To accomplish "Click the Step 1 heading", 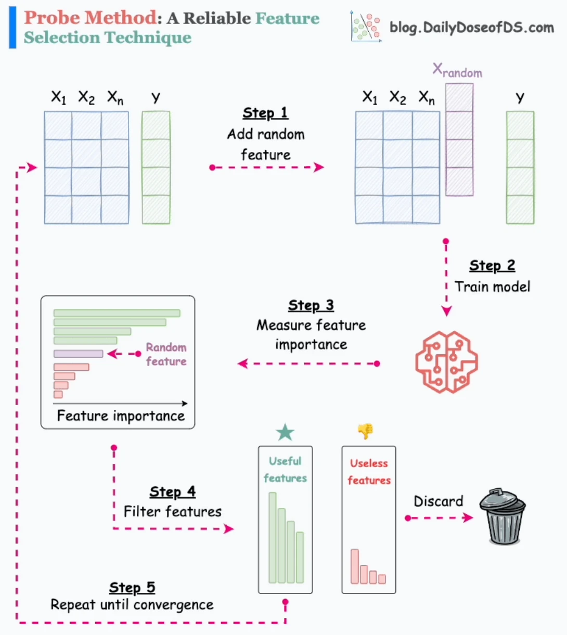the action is [x=265, y=113].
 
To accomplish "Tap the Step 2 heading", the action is [x=492, y=266].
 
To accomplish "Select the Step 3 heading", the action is [x=311, y=305].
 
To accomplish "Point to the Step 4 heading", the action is [x=173, y=492].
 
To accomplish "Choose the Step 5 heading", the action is [x=132, y=588].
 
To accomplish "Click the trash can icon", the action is [x=502, y=516].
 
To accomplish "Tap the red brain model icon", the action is [x=446, y=362].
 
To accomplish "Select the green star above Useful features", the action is [x=285, y=432].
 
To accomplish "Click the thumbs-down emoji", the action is [x=365, y=431].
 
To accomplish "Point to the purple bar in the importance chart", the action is [x=79, y=354].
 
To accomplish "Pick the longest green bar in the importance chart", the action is [x=117, y=313].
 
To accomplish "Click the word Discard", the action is [x=438, y=501].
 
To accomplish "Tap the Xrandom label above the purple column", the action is [x=457, y=71].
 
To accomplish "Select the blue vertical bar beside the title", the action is [x=12, y=27].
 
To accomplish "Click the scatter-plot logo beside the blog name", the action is [x=366, y=27].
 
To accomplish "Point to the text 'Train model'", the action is [x=493, y=287].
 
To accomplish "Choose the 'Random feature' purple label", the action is [x=166, y=354].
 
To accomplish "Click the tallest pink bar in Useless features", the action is [x=354, y=566].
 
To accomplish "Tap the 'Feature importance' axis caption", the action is [x=121, y=416].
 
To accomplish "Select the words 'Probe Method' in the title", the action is [x=91, y=18].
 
